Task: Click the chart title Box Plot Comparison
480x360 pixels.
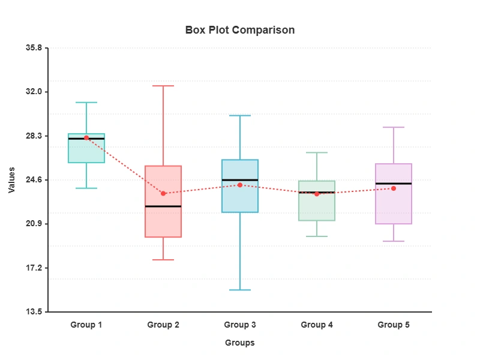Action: [x=239, y=30]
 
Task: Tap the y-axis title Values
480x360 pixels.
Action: [x=12, y=180]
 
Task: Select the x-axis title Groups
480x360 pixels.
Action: [x=239, y=343]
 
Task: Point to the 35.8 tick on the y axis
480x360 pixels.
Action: [x=34, y=48]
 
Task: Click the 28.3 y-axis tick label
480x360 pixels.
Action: [x=34, y=136]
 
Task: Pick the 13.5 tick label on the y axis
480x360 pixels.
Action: [x=34, y=312]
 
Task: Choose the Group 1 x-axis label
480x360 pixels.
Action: [x=86, y=325]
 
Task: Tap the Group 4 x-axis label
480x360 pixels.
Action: [x=317, y=325]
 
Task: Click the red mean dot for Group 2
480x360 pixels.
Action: [x=163, y=193]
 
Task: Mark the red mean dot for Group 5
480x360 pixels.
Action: [x=394, y=188]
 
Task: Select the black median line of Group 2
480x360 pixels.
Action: [x=163, y=206]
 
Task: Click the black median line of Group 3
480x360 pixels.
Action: [x=240, y=180]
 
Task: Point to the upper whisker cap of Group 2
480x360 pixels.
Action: [x=163, y=86]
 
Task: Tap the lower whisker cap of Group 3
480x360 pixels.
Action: [x=240, y=290]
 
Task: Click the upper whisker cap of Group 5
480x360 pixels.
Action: [x=394, y=127]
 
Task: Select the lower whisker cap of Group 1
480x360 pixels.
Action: [x=86, y=188]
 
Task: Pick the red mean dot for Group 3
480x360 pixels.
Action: [x=240, y=185]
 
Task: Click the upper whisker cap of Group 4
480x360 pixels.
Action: [x=317, y=152]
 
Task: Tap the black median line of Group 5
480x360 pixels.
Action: [x=394, y=184]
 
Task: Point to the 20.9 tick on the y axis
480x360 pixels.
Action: [x=34, y=224]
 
